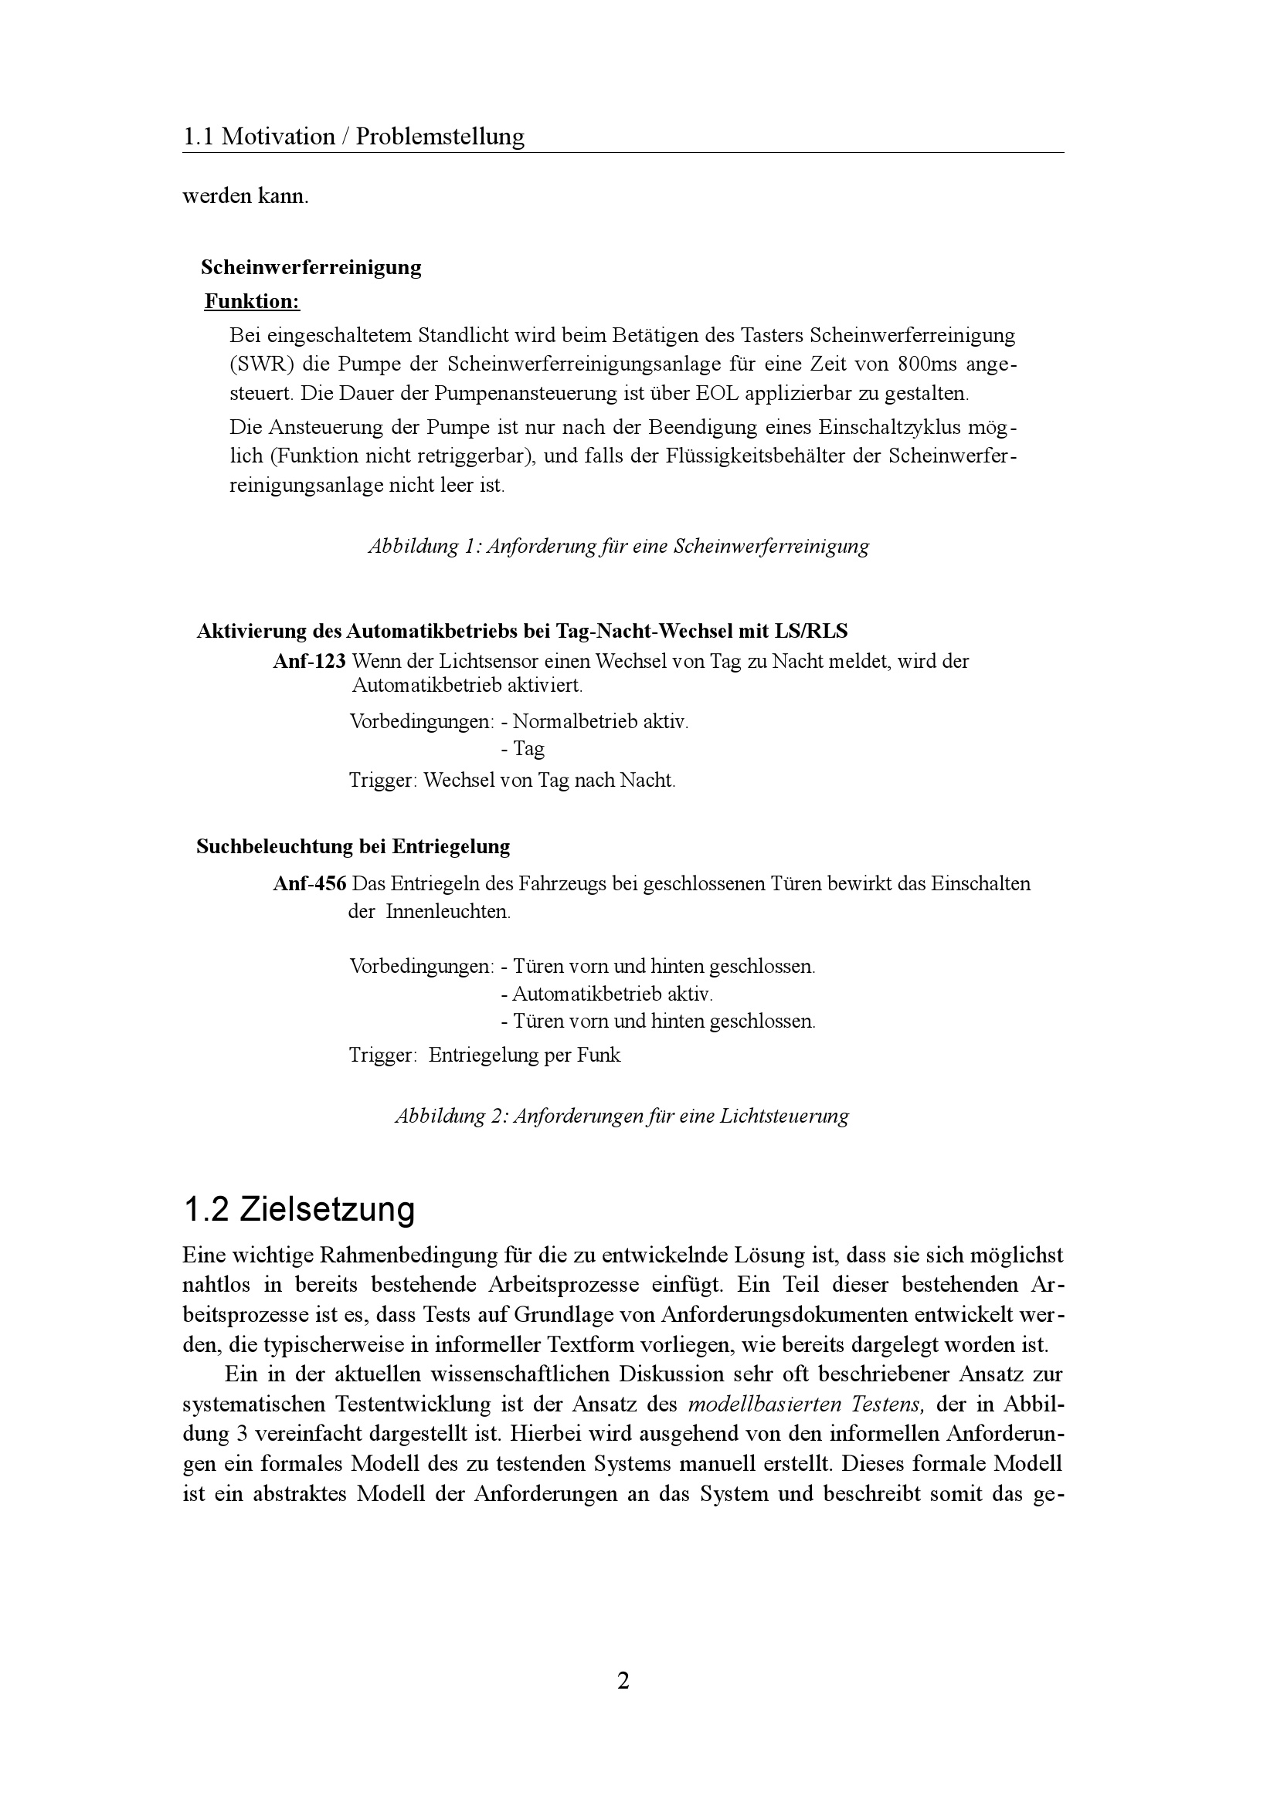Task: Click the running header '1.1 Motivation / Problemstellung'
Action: (x=353, y=137)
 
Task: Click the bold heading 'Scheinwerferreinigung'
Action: (x=311, y=267)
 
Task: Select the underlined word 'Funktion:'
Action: (x=252, y=301)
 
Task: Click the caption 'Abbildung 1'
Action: (x=619, y=546)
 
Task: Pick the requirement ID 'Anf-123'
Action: (x=309, y=662)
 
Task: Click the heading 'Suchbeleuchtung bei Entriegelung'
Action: (x=352, y=846)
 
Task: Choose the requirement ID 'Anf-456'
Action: (x=309, y=883)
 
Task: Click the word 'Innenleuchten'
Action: (x=447, y=912)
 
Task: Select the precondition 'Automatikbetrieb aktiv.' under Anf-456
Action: (x=607, y=994)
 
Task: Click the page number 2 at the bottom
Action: (x=623, y=1681)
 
